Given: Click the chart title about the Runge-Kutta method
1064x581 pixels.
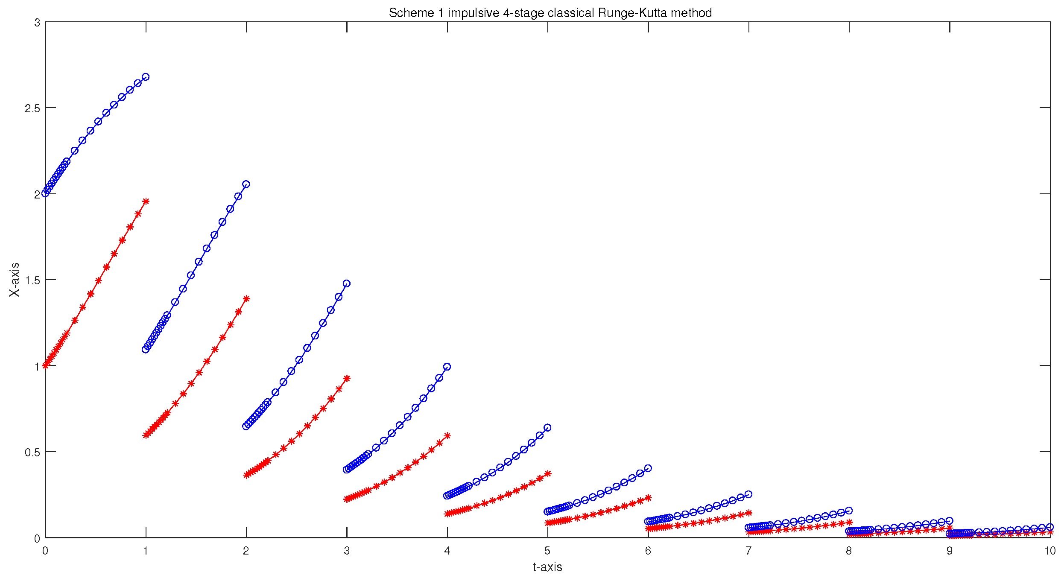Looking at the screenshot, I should [550, 13].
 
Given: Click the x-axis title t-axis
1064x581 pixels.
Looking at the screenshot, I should [547, 567].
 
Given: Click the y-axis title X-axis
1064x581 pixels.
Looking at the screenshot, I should [15, 280].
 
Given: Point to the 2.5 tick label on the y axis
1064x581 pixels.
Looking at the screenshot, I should [32, 108].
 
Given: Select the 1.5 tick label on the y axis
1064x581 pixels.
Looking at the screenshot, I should [32, 280].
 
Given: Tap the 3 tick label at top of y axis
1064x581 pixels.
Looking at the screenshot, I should [37, 23].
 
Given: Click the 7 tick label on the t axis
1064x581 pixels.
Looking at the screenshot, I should [748, 551].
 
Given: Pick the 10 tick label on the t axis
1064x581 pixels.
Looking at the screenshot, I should [1050, 551].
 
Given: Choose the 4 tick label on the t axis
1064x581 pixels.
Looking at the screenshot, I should [447, 551].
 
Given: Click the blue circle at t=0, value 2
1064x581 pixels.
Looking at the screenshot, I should [45, 193].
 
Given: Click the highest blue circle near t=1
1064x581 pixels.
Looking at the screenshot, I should [146, 77].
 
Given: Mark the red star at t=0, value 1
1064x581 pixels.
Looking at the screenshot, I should [45, 365].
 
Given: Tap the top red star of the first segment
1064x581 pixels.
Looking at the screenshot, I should [146, 201].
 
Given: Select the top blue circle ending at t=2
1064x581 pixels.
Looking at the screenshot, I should [246, 184].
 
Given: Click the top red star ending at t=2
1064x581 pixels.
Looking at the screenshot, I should [246, 298].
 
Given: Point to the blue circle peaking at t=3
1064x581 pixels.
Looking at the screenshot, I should [347, 283].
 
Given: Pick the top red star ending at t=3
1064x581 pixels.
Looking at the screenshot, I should [347, 378].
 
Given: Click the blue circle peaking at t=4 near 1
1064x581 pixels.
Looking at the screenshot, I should [447, 367].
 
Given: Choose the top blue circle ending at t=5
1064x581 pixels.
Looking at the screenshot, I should [547, 428].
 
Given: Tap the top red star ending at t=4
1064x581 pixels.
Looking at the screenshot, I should [447, 435].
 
